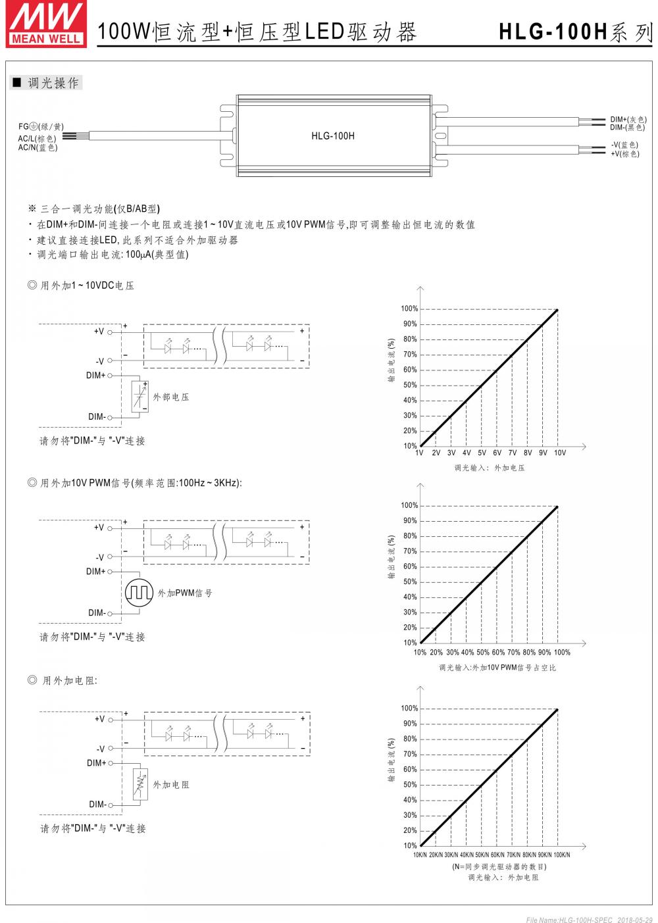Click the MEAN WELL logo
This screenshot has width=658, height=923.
[x=45, y=24]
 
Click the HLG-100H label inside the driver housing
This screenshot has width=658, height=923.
[x=333, y=136]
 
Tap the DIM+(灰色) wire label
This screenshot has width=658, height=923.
[x=628, y=119]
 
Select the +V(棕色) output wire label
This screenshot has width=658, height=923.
[x=624, y=154]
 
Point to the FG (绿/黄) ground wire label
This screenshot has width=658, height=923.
[x=41, y=126]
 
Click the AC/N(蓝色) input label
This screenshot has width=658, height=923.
[x=38, y=147]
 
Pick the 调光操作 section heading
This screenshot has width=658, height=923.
[x=53, y=83]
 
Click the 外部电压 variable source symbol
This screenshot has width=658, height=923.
[x=139, y=397]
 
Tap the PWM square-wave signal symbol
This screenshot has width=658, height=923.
[x=139, y=593]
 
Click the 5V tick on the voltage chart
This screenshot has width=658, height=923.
[x=482, y=453]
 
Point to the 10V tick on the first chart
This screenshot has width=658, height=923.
[x=559, y=453]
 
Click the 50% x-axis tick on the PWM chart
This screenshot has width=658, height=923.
[x=482, y=653]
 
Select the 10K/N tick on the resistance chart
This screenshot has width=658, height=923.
[x=420, y=855]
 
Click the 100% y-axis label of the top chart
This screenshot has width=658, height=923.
[x=409, y=309]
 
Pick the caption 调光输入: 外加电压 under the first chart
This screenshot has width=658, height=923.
[x=489, y=468]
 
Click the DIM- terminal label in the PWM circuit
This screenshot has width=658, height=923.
[x=97, y=613]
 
